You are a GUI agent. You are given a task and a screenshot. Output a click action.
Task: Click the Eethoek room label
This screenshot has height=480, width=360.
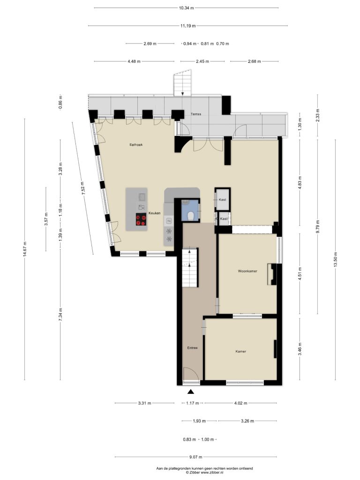click(136, 144)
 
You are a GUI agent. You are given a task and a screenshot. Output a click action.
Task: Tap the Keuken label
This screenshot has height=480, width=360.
click(155, 213)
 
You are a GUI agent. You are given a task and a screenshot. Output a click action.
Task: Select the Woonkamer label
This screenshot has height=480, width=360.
click(247, 271)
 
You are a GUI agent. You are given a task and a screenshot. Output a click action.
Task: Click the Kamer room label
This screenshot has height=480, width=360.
click(241, 352)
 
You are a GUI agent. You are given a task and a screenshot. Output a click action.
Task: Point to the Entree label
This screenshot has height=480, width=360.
click(193, 348)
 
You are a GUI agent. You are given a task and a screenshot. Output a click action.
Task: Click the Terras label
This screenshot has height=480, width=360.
click(196, 114)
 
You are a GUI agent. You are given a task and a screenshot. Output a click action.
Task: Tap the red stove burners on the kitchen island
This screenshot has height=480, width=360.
click(141, 220)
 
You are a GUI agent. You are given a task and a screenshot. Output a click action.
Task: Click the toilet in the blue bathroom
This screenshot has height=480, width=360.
click(190, 216)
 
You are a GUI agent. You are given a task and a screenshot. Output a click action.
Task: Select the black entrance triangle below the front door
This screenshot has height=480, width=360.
click(191, 391)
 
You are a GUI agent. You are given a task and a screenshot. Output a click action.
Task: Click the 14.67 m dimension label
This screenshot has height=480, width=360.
click(25, 249)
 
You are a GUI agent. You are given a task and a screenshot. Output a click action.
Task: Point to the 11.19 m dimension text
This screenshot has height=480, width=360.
click(187, 26)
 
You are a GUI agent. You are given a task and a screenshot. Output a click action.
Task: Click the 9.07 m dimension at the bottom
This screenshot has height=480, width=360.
click(195, 457)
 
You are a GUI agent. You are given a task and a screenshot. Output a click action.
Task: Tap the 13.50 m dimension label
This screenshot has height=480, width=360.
click(336, 260)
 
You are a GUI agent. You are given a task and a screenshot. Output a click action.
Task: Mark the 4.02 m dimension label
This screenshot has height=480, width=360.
click(240, 403)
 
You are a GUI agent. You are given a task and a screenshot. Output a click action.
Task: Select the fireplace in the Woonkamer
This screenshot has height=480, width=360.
click(272, 274)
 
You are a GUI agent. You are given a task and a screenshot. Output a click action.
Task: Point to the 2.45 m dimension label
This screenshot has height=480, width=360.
click(202, 61)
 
